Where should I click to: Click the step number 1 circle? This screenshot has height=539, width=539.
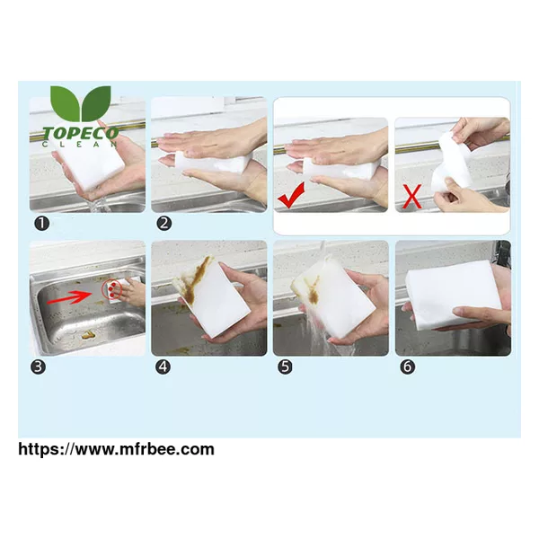pos(42,224)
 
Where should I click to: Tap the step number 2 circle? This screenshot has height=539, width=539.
pos(164,224)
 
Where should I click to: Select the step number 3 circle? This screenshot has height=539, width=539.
pos(38,367)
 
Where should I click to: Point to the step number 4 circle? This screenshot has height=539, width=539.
pos(163,367)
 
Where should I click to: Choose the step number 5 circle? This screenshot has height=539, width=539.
pos(285,367)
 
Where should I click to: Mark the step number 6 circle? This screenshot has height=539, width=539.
pos(407,367)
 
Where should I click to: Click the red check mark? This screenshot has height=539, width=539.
pos(291,196)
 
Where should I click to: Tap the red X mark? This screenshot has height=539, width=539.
pos(412,196)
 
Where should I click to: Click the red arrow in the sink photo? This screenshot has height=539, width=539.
pos(69,297)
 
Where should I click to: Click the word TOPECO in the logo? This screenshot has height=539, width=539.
pos(81,133)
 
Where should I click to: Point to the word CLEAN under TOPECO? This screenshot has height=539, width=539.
pos(80,145)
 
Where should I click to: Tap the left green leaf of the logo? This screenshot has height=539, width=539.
pos(66,102)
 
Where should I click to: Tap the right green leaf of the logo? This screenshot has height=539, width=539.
pos(96,102)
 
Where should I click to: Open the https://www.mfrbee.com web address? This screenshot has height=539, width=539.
pos(116,449)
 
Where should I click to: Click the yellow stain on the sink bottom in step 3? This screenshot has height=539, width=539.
pos(87,334)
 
